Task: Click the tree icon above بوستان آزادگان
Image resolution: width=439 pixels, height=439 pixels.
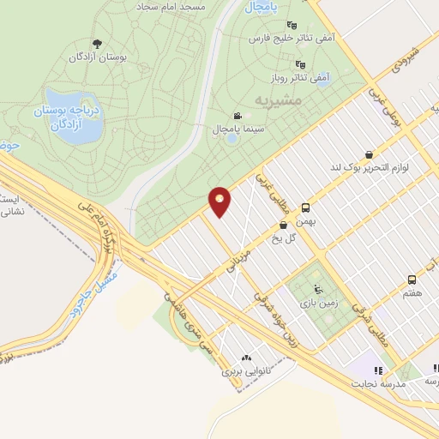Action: pos(96,44)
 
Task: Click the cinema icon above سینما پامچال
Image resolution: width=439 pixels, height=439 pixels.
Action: pos(237,116)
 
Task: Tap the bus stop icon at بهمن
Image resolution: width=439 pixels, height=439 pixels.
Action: pos(306,207)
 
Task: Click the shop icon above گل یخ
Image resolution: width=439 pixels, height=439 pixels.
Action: pos(283,225)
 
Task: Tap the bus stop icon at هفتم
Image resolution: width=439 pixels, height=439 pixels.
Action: pos(412,280)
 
